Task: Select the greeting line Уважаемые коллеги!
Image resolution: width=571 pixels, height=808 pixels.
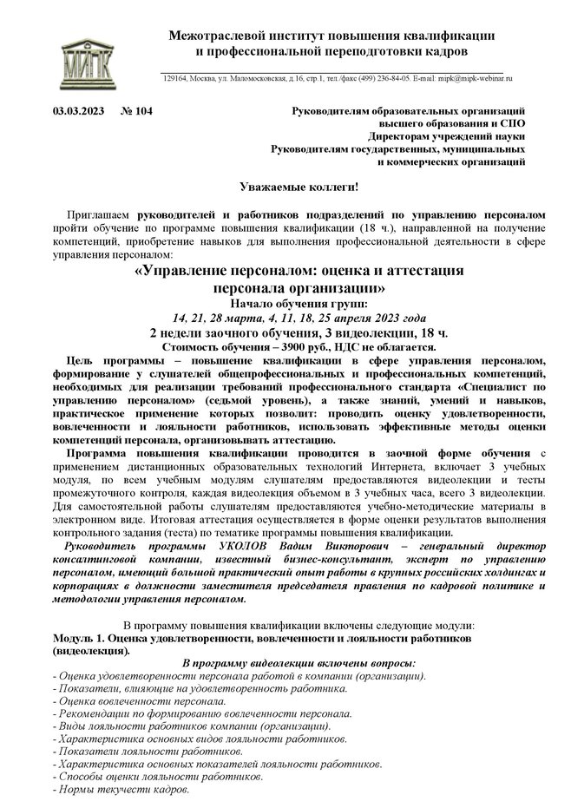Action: click(x=285, y=187)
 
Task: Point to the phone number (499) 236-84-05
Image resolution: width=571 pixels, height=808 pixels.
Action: click(x=378, y=78)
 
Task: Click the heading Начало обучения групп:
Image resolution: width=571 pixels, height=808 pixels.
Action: click(x=285, y=304)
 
